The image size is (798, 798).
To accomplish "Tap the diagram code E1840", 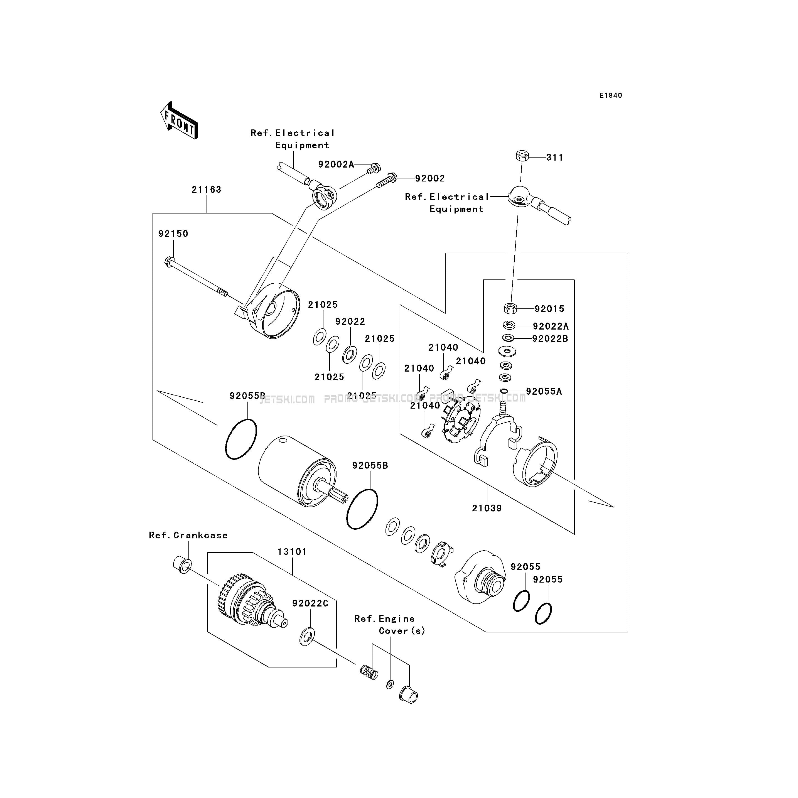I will [x=610, y=95].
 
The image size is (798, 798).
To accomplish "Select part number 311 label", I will [x=554, y=157].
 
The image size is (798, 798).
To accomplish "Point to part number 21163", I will [x=207, y=190].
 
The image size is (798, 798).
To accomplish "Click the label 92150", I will [x=173, y=234].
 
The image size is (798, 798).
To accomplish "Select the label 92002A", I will [x=336, y=164].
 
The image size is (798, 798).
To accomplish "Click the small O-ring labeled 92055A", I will [x=504, y=391].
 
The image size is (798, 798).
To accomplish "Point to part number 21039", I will [x=487, y=508].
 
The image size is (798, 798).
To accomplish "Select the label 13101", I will [x=292, y=552].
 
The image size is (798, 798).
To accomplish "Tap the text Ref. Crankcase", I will [x=188, y=535].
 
